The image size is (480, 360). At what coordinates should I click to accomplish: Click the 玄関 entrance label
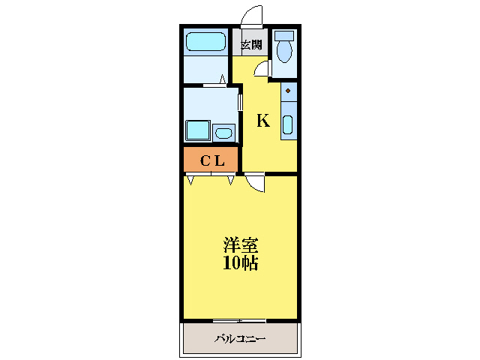pos(250,45)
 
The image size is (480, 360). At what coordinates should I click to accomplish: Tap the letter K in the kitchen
pos(263,121)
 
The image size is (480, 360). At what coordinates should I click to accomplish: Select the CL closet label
pos(211,160)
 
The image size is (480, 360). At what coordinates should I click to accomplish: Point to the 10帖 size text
pos(240,263)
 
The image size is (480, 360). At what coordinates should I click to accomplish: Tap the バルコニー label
pos(240,339)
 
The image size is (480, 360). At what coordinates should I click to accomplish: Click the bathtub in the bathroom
pos(205,42)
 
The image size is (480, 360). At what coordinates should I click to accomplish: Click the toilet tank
pos(284,35)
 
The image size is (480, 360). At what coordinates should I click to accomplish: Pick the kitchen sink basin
pos(288,124)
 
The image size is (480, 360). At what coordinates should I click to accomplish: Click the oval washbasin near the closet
pos(223,133)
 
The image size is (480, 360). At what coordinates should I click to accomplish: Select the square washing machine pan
pos(198,131)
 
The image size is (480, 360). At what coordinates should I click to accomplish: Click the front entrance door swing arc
pos(252,15)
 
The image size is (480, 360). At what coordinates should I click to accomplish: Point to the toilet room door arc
pos(262,69)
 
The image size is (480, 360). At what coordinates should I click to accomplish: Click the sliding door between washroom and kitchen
pos(240,102)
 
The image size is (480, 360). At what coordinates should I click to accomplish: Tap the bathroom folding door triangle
pos(223,78)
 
